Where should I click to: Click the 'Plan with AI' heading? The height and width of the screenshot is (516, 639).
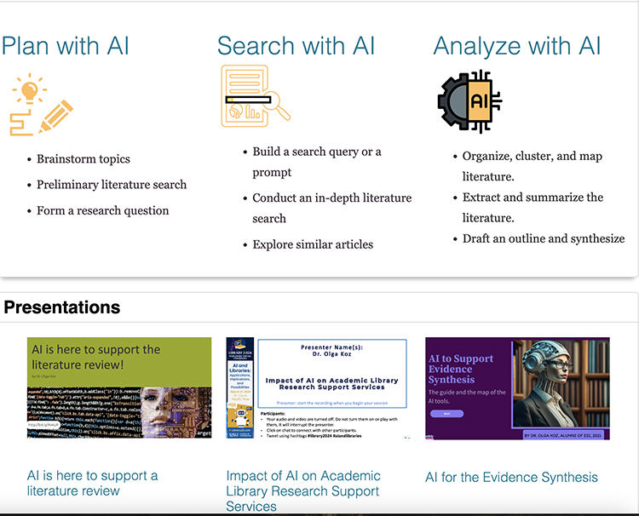tap(66, 45)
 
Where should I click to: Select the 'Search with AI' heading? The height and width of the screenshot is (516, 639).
tap(296, 45)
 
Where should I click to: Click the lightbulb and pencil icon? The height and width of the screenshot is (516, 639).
tap(41, 106)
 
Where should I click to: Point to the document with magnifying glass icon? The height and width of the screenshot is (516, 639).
tap(255, 96)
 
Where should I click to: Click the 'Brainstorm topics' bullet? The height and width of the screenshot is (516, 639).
tap(83, 158)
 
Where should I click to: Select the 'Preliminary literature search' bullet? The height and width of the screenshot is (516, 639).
tap(112, 184)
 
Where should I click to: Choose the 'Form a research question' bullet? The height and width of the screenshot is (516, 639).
tap(103, 210)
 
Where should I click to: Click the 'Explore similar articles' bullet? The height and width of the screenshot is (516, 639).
tap(313, 244)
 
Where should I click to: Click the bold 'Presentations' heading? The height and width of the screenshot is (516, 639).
tap(62, 307)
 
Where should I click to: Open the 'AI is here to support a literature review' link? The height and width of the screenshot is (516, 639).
tap(92, 483)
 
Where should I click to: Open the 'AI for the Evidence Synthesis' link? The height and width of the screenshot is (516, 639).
tap(511, 478)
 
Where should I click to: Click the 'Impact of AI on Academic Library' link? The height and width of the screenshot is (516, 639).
tap(303, 484)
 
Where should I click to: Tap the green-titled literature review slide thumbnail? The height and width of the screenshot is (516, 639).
tap(119, 387)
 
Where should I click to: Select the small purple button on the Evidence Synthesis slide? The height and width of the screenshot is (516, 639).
tap(446, 413)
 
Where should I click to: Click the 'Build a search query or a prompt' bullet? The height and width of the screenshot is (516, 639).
tap(317, 162)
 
